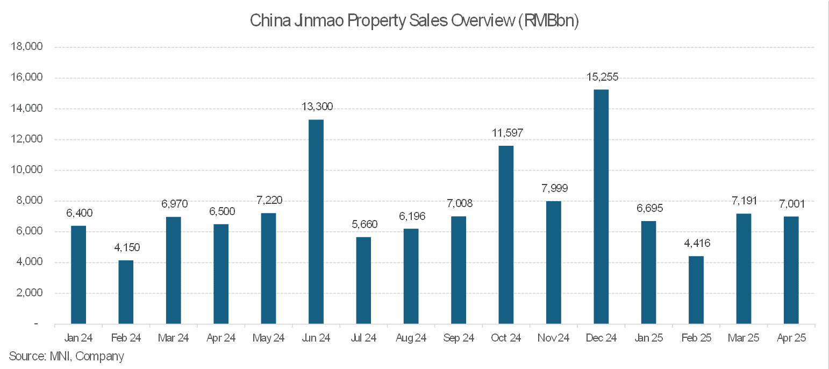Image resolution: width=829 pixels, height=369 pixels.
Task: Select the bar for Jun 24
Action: coord(316,222)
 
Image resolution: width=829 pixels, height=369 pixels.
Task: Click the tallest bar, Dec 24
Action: coord(601,207)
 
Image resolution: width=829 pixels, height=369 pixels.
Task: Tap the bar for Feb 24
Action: coord(126,292)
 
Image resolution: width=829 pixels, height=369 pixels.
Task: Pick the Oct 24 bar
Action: coord(506,235)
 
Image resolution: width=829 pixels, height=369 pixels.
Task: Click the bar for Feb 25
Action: coord(696,290)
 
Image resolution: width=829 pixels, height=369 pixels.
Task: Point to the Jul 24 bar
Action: coord(363,280)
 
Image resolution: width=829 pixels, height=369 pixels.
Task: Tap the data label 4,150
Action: coord(126,248)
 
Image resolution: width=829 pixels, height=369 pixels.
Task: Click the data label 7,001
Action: coord(791,204)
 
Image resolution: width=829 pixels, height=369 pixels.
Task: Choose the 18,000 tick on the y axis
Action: coord(27,47)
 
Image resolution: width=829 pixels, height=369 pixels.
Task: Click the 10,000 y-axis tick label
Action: coord(27,170)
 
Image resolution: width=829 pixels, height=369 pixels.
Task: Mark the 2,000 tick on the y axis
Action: coord(30,293)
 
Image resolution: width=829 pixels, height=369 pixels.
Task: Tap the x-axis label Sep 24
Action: coord(459,338)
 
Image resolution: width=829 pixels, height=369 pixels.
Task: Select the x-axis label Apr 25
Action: coord(791,338)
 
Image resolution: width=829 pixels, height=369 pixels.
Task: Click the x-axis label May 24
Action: coord(268,338)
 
